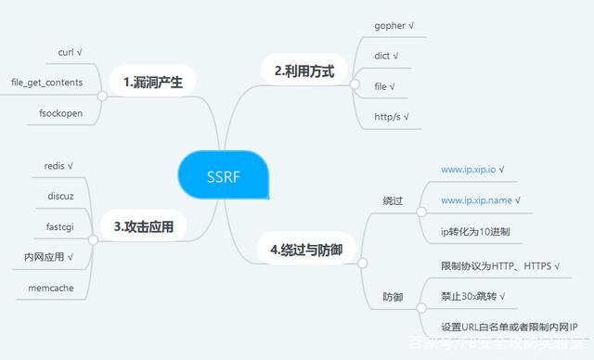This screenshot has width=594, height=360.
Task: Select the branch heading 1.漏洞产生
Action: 153,82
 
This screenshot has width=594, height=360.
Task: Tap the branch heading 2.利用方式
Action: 298,70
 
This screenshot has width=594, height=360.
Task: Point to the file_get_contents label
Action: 46,83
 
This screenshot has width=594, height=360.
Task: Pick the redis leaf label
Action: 58,166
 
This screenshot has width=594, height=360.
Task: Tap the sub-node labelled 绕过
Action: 393,200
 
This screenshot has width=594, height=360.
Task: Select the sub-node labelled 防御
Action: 393,297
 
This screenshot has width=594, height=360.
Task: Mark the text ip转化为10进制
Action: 475,231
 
